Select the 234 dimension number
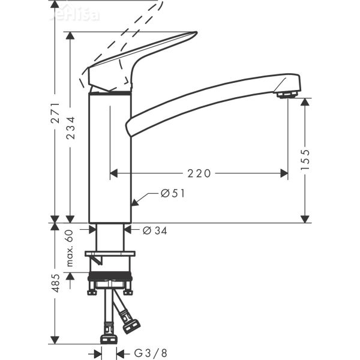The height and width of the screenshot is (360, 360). (x=71, y=127)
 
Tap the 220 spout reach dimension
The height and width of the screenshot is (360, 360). (x=199, y=173)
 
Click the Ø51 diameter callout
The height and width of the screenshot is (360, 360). (x=172, y=193)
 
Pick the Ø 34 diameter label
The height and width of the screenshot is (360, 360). (x=155, y=230)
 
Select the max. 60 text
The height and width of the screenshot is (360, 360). (x=70, y=248)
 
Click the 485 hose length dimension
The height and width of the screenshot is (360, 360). (x=55, y=284)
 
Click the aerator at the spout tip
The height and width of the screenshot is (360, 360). (x=286, y=94)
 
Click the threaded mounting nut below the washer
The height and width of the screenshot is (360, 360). (x=110, y=279)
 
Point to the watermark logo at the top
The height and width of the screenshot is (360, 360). (x=78, y=13)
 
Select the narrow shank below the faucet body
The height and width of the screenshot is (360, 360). (x=110, y=237)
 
